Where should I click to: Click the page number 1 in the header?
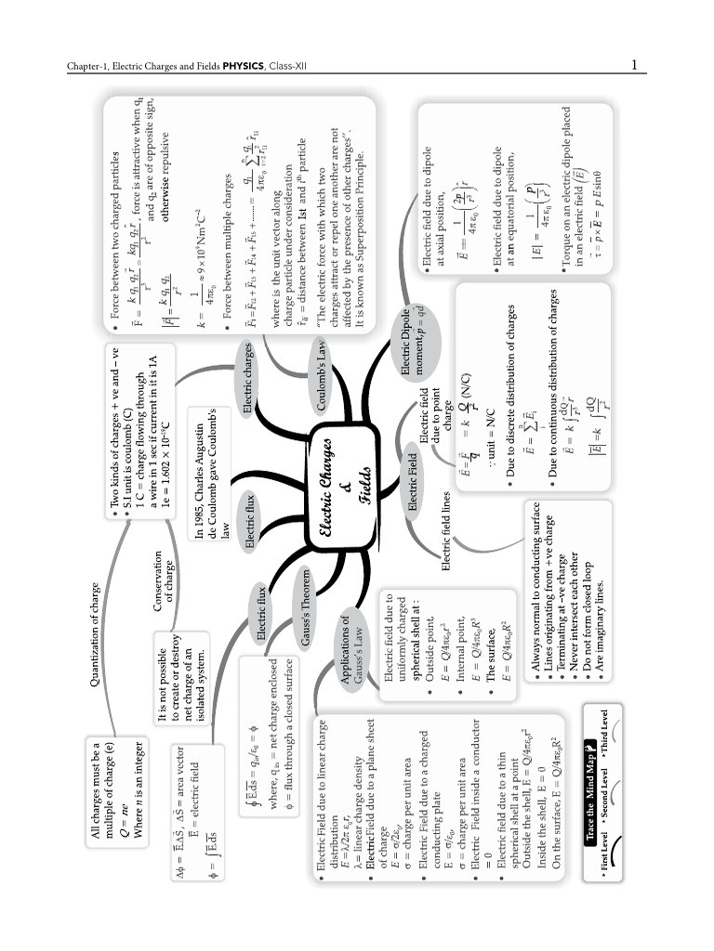[633, 65]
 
